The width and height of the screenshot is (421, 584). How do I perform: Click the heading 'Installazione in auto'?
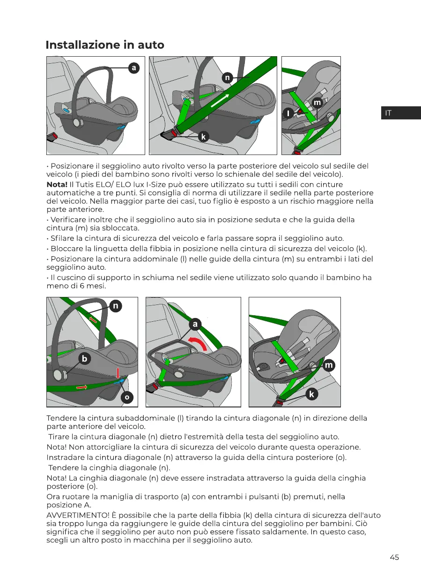click(105, 45)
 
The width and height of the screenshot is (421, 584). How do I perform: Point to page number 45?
click(394, 557)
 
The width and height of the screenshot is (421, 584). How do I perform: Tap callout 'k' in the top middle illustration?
click(203, 137)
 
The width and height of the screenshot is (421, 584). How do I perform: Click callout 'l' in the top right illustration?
click(289, 113)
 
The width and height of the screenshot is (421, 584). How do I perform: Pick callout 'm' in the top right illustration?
click(317, 102)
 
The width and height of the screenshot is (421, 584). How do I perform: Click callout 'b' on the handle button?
click(84, 359)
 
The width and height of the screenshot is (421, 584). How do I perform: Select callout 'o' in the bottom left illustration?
click(126, 397)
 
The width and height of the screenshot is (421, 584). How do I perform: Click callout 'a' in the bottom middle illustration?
click(196, 324)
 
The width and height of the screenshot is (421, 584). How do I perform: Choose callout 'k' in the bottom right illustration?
click(311, 394)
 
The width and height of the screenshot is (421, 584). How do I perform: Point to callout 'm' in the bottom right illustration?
click(329, 365)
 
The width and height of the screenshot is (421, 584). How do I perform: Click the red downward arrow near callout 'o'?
click(118, 372)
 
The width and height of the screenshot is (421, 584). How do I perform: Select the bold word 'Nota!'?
click(57, 184)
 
